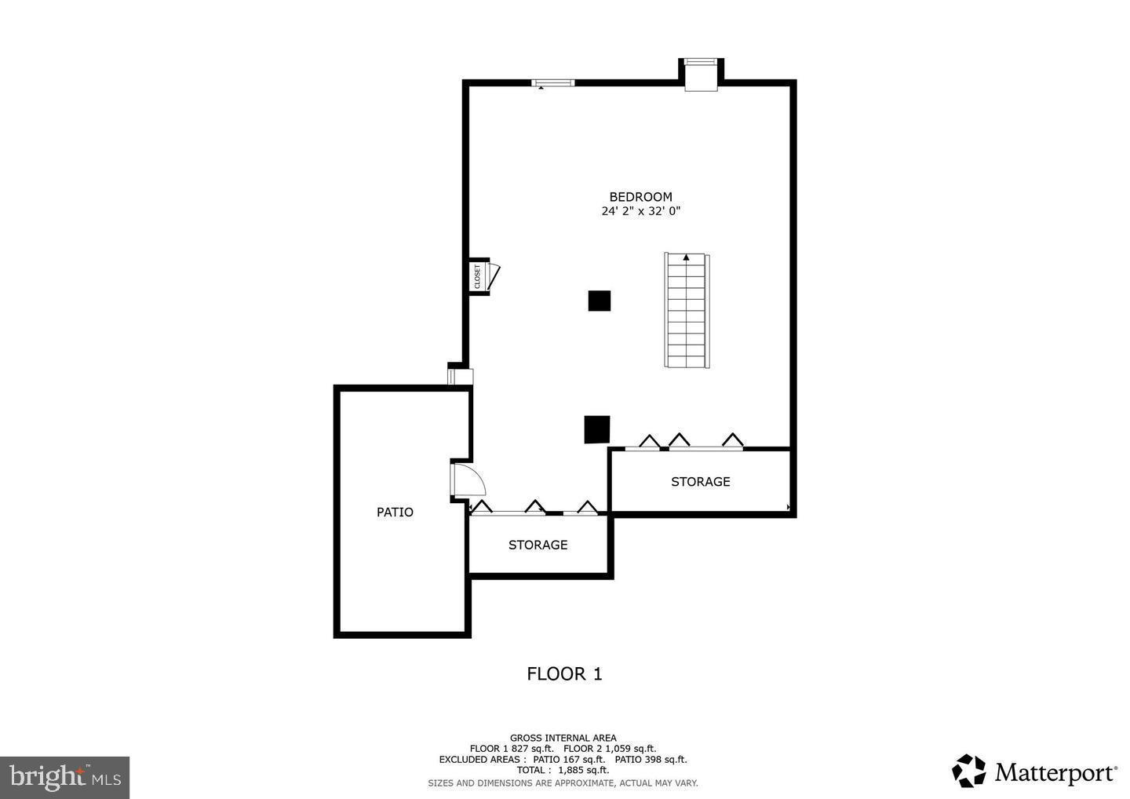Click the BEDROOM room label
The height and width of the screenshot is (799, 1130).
pos(640,197)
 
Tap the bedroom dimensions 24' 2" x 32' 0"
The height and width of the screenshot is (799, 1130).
pos(640,211)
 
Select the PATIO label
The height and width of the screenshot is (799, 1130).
pos(395,513)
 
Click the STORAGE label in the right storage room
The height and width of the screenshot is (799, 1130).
pos(700,482)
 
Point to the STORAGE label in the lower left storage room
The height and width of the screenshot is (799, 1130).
pos(538,545)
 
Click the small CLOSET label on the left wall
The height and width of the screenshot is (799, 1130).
pos(477,276)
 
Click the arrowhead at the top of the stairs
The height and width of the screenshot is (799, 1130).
pos(687,257)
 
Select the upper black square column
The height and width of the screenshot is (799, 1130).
pos(600,301)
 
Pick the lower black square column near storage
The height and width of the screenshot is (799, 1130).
pos(597,429)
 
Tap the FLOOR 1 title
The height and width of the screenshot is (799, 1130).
pos(564,674)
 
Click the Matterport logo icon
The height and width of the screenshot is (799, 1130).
pos(969,771)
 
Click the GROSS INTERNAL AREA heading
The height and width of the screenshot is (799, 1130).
pos(563,738)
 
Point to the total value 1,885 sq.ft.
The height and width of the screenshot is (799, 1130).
pos(583,770)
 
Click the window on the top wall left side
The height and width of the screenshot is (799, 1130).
pos(553,82)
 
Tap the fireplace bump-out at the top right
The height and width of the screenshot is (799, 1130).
pos(701,74)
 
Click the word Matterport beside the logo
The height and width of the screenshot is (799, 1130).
pos(1055,773)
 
